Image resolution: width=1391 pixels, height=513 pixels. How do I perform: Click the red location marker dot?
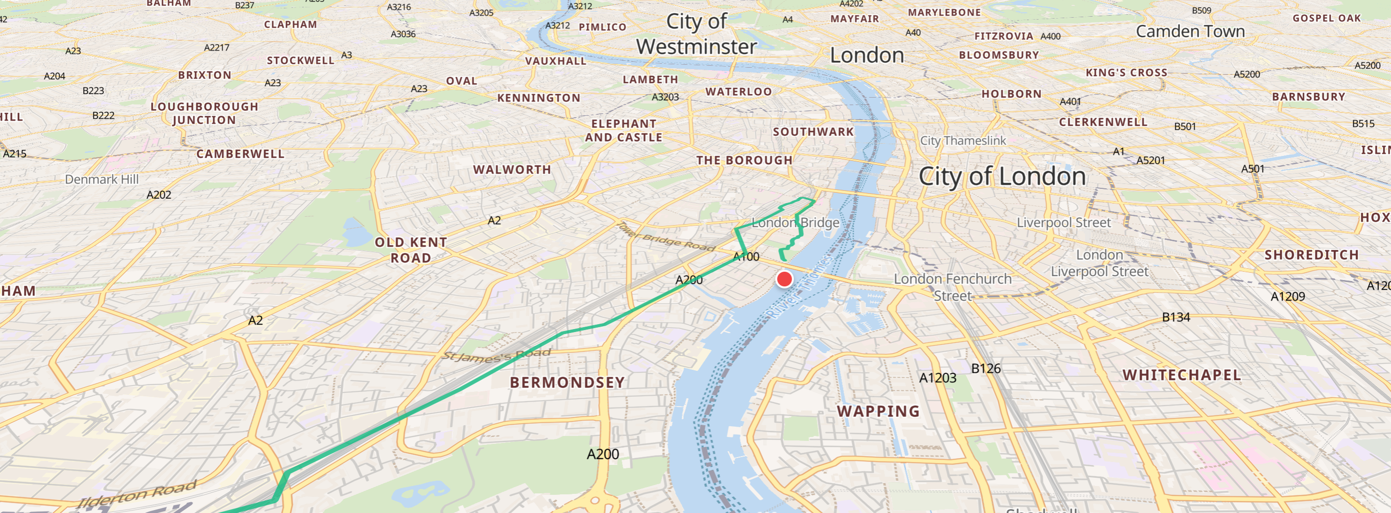tap(784, 279)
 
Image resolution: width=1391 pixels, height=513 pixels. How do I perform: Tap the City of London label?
tap(1002, 177)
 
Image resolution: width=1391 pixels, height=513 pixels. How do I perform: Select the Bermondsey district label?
tap(567, 382)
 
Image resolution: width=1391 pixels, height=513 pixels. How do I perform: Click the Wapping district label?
tap(878, 411)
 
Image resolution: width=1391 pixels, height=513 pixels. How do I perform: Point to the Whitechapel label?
tap(1181, 375)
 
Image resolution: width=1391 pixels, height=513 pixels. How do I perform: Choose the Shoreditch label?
tap(1311, 255)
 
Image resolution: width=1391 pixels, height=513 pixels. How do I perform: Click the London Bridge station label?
tap(795, 222)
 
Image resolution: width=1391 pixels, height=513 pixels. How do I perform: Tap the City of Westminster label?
tap(696, 33)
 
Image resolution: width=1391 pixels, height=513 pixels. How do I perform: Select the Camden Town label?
tap(1190, 31)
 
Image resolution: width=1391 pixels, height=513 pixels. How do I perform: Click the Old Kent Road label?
tap(411, 250)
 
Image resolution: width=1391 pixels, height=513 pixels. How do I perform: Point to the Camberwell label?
tap(240, 154)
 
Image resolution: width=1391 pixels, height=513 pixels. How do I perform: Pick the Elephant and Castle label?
tap(624, 130)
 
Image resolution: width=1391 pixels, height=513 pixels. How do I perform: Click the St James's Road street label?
tap(496, 355)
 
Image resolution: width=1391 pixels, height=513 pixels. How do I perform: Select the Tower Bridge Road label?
tap(666, 237)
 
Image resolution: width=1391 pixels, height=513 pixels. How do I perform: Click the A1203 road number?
tap(937, 378)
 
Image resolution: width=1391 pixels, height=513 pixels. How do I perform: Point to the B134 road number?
tap(1175, 317)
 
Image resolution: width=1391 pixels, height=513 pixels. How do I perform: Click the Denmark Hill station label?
tap(101, 180)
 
